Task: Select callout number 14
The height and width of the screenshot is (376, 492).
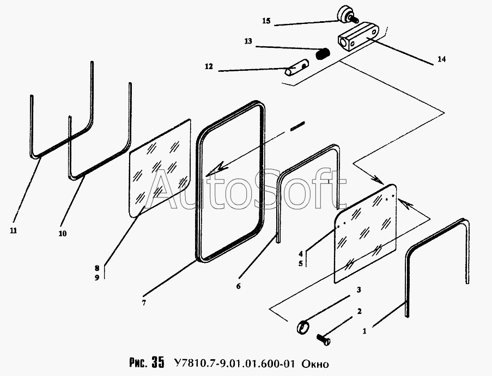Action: pos(441,59)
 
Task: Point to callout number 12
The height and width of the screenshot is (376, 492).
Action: pos(209,67)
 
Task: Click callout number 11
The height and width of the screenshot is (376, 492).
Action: pos(13,230)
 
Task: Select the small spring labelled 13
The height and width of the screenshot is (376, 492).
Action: pos(324,54)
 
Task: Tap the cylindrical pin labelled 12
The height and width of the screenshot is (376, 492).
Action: pos(295,69)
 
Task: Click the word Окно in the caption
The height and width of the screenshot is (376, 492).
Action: pos(315,363)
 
